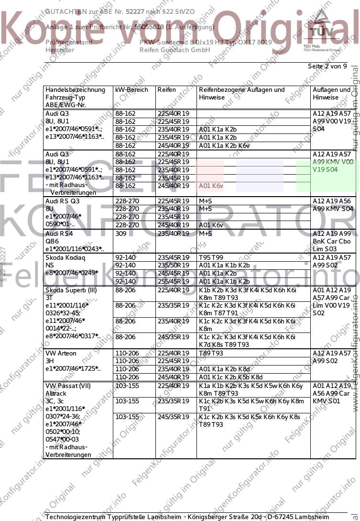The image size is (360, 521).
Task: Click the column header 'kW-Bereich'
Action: (x=131, y=90)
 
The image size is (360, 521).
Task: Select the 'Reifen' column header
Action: (x=167, y=90)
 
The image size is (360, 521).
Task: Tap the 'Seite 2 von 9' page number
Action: (x=327, y=67)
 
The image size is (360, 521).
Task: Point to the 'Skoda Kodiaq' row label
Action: (x=65, y=257)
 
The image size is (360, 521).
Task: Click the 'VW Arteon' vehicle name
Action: (x=61, y=353)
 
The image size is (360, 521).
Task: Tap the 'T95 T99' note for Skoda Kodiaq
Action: (x=211, y=257)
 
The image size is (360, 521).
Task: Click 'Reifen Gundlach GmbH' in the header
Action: (x=175, y=50)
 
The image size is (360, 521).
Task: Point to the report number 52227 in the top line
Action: (x=135, y=11)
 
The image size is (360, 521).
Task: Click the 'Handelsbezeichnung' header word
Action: (x=75, y=90)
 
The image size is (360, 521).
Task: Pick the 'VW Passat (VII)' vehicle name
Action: (x=67, y=386)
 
